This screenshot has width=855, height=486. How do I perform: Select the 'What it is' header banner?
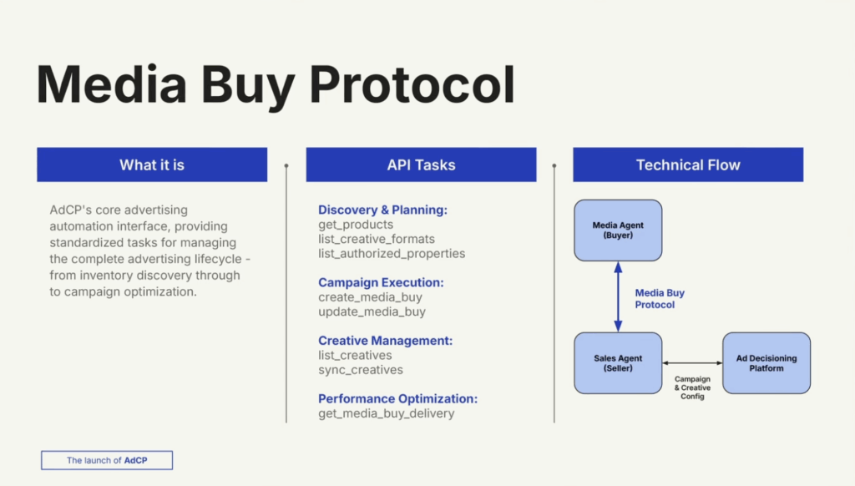pyautogui.click(x=152, y=165)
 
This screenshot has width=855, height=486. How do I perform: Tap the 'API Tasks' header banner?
pyautogui.click(x=421, y=165)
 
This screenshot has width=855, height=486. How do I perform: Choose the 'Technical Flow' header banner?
pyautogui.click(x=688, y=165)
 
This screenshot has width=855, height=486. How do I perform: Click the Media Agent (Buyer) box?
pyautogui.click(x=618, y=230)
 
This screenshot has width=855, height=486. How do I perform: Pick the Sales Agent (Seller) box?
pyautogui.click(x=618, y=363)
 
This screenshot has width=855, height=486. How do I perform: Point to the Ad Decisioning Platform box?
pyautogui.click(x=766, y=363)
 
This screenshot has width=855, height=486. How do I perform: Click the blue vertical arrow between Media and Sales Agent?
pyautogui.click(x=618, y=296)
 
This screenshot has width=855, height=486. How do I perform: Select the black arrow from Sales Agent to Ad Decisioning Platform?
pyautogui.click(x=692, y=363)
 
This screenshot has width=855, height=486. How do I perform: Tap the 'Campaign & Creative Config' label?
pyautogui.click(x=692, y=387)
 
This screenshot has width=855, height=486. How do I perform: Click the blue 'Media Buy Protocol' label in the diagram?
pyautogui.click(x=660, y=299)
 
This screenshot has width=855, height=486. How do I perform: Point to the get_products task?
pyautogui.click(x=356, y=225)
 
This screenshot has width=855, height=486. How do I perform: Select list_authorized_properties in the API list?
pyautogui.click(x=392, y=253)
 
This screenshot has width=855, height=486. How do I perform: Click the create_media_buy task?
pyautogui.click(x=370, y=297)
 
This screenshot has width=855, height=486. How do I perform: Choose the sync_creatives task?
pyautogui.click(x=361, y=370)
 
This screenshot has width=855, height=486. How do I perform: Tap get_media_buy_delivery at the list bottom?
pyautogui.click(x=387, y=413)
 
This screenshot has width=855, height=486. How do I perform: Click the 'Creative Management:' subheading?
pyautogui.click(x=385, y=341)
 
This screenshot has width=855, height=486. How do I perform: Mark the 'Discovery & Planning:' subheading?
pyautogui.click(x=382, y=210)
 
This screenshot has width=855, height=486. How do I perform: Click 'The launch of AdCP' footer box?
pyautogui.click(x=107, y=460)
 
